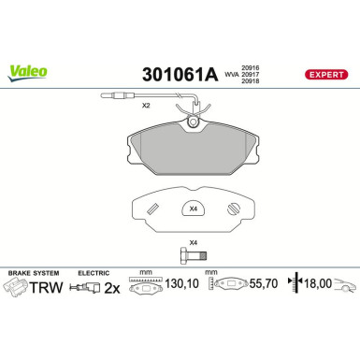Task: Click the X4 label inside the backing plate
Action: [x=193, y=209]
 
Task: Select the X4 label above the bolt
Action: [x=194, y=243]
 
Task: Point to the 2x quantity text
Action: [x=111, y=290]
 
